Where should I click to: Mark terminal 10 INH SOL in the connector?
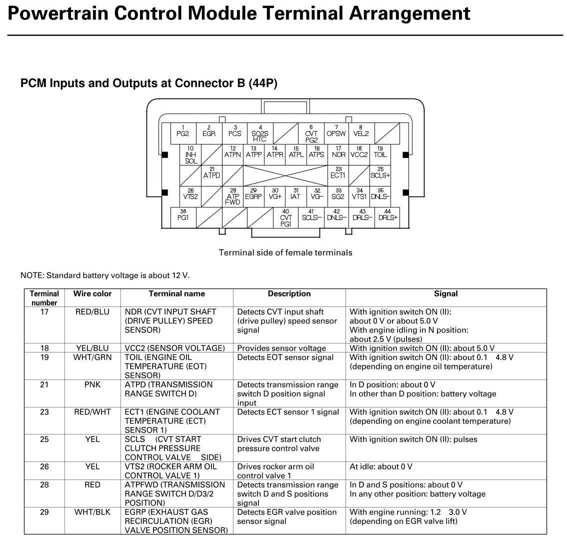[x=191, y=155]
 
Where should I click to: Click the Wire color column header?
[x=92, y=293]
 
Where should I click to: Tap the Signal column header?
[x=445, y=293]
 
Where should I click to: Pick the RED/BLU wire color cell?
[x=92, y=312]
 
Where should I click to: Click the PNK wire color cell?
[x=92, y=384]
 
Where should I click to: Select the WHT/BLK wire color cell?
[x=92, y=512]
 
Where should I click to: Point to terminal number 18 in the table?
[x=44, y=348]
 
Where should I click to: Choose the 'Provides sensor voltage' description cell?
[x=281, y=348]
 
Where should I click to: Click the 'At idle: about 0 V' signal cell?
[x=381, y=466]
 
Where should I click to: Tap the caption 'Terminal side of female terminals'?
[x=285, y=252]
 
